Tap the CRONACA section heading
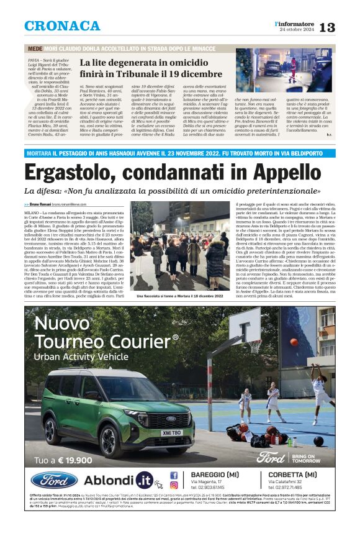point(62,26)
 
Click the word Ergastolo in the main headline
point(71,172)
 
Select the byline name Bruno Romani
point(40,204)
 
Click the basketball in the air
point(294,342)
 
